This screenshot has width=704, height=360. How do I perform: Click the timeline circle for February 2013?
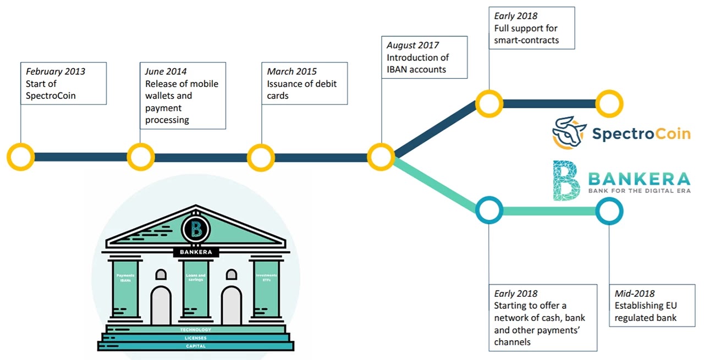[x=20, y=157]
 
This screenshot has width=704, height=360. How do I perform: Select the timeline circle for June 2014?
[x=141, y=157]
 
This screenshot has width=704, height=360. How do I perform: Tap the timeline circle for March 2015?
[x=261, y=157]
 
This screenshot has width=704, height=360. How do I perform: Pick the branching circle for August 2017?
[x=381, y=157]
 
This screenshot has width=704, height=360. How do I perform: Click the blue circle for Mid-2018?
[x=609, y=210]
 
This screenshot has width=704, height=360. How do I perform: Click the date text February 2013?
[x=56, y=71]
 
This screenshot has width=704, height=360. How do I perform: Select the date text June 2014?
[x=166, y=71]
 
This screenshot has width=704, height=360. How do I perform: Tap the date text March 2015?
[x=291, y=71]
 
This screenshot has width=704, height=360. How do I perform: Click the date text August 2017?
[x=413, y=45]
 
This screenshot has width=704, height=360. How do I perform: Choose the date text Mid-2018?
[x=635, y=294]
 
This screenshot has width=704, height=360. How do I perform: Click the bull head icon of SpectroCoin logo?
[x=569, y=132]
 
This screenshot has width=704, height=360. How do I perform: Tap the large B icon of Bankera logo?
[x=566, y=180]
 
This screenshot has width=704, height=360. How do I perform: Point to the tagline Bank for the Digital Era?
[x=639, y=191]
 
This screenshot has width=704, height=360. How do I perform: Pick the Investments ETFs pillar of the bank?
[x=266, y=291]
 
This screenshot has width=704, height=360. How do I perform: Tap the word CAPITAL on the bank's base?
[x=196, y=346]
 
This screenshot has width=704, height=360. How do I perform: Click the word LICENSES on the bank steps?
[x=196, y=337]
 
